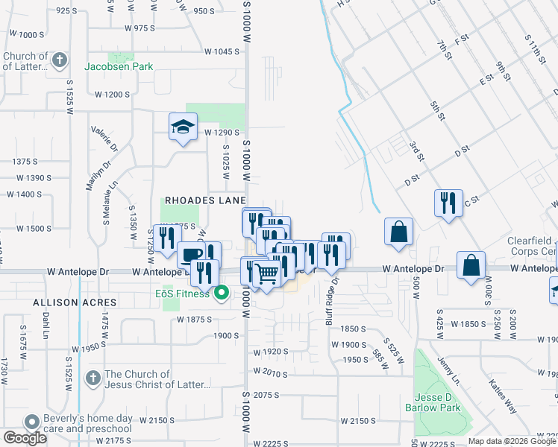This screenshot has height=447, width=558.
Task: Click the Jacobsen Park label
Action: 122,66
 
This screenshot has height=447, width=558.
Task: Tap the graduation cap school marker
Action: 181,126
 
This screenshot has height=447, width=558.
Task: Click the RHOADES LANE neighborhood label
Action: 205,201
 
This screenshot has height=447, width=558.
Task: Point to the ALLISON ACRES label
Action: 74,302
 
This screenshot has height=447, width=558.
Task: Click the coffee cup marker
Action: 192,255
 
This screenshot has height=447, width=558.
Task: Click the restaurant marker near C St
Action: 448,202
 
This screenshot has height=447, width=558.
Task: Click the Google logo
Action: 25,438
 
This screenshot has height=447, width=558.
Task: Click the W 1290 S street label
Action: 222,132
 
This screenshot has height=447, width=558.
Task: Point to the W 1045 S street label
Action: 222,52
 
